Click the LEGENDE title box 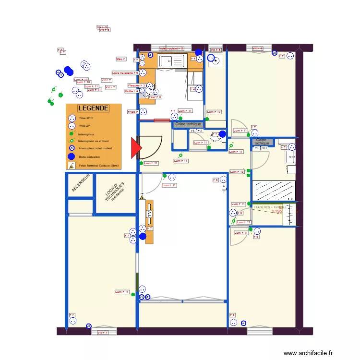93,108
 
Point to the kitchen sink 172,61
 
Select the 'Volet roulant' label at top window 171,48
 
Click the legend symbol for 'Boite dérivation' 71,156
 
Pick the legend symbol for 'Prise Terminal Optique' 71,166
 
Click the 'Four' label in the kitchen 155,97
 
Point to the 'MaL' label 120,59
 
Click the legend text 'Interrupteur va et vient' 94,141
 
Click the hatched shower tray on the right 273,191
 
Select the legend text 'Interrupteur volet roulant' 96,149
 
